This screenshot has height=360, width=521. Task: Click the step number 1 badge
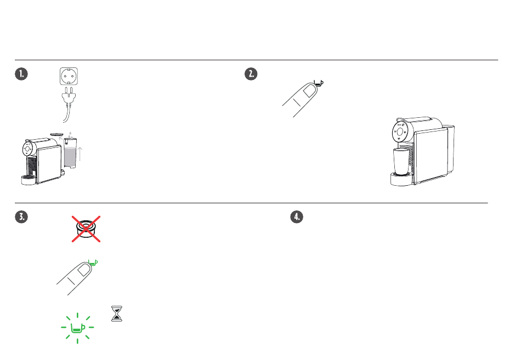(x=21, y=74)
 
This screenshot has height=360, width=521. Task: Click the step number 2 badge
(x=251, y=74)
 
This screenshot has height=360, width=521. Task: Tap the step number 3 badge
(x=21, y=217)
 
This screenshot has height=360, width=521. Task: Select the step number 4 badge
(x=297, y=217)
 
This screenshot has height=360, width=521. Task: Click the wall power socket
(x=69, y=76)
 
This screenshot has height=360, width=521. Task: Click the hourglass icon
(x=117, y=314)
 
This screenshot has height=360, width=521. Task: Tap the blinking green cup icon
(x=77, y=328)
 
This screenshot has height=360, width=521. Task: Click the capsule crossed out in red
(x=86, y=229)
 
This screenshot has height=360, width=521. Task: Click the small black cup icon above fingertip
(x=319, y=83)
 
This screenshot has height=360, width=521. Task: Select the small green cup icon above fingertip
(x=93, y=262)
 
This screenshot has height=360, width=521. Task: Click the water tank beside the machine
(x=70, y=153)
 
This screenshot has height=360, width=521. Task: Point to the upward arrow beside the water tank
(x=80, y=154)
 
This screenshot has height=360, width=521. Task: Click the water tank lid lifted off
(x=56, y=134)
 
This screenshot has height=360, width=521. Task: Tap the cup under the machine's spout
(x=401, y=162)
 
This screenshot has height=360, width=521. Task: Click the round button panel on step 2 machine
(x=400, y=132)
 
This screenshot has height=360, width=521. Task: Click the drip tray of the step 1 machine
(x=29, y=180)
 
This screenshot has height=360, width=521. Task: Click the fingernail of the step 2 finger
(x=310, y=90)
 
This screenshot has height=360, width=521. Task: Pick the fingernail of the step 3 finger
(x=84, y=270)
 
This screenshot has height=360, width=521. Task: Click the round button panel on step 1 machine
(x=27, y=149)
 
